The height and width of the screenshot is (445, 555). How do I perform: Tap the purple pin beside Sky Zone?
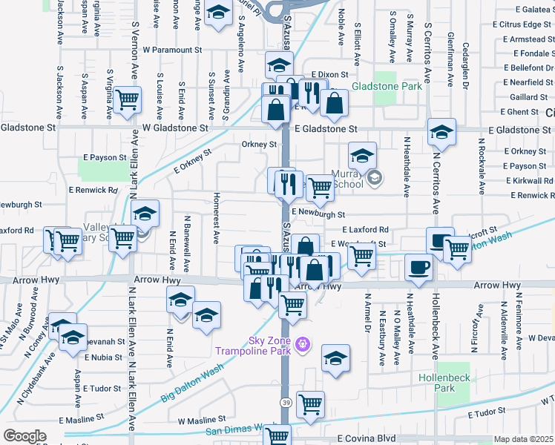tap(302, 344)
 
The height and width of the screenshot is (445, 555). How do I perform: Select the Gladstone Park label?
tap(387, 87)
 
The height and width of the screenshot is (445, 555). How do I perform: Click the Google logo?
tap(24, 436)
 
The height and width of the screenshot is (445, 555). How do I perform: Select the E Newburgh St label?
tap(319, 212)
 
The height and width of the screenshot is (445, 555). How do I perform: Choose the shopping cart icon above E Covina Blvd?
tap(310, 403)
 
